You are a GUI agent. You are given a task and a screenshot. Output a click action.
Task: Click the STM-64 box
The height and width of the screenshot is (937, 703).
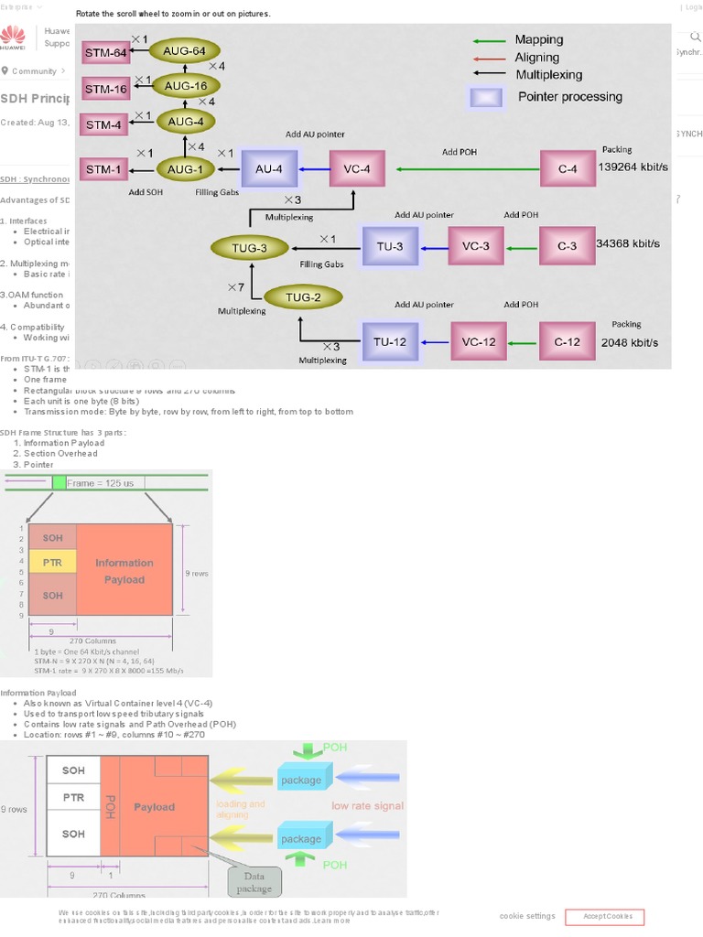(106, 53)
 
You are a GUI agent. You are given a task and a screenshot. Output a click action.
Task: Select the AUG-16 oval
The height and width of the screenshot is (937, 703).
(185, 86)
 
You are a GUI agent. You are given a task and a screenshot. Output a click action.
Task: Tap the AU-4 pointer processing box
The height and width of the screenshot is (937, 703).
(268, 168)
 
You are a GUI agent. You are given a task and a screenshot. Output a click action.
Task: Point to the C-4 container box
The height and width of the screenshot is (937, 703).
(568, 168)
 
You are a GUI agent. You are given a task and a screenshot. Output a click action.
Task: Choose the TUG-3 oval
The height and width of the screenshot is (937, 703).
(250, 248)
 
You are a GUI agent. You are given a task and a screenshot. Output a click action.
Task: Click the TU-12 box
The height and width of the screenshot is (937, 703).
(390, 342)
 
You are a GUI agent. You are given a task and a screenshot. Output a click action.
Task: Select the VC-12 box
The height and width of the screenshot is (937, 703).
(478, 342)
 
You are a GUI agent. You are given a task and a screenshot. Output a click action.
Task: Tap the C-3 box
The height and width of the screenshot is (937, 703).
(567, 246)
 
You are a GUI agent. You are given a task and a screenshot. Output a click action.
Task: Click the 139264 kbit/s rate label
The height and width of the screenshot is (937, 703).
(633, 167)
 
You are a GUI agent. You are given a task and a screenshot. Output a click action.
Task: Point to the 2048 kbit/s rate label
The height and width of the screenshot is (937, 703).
(629, 342)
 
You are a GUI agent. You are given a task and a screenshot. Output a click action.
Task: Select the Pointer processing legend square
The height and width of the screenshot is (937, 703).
(484, 97)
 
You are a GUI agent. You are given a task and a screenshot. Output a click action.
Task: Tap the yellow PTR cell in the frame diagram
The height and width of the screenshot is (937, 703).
(52, 562)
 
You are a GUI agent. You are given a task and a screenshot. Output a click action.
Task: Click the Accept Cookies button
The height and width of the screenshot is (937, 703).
(604, 917)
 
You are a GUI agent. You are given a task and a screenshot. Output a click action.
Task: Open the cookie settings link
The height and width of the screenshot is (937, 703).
(527, 916)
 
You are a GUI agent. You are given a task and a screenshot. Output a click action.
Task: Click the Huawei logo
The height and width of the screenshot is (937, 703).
(13, 38)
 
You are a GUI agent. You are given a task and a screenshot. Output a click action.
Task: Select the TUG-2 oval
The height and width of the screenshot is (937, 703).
(302, 296)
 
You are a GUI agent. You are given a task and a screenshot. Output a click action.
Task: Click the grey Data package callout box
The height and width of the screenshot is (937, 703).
(254, 882)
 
